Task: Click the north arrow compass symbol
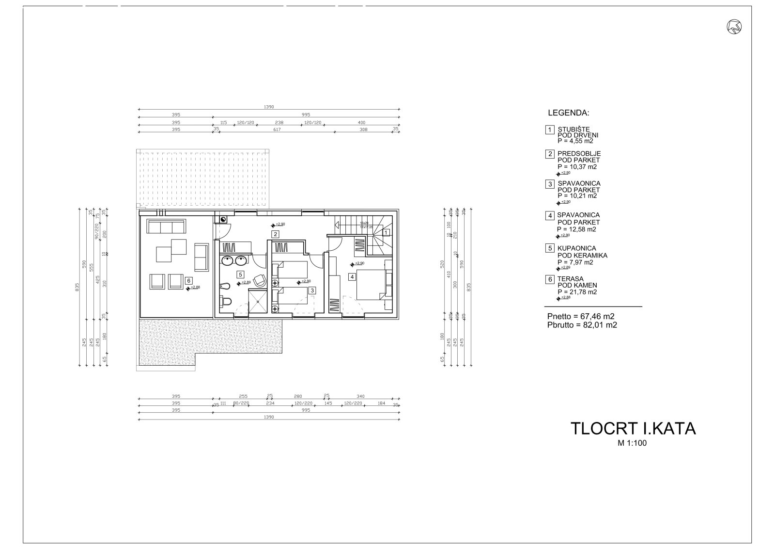click(734, 27)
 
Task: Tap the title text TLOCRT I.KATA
click(633, 429)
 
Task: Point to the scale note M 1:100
click(633, 442)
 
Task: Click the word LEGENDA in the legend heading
click(568, 113)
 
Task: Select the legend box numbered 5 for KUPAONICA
click(550, 248)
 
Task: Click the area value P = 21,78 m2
click(577, 292)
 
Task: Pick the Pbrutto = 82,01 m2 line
click(582, 325)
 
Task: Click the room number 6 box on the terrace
click(188, 280)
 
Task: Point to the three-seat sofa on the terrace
click(166, 226)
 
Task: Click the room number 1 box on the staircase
click(386, 233)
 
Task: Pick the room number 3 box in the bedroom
click(312, 291)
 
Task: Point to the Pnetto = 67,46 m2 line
click(581, 316)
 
